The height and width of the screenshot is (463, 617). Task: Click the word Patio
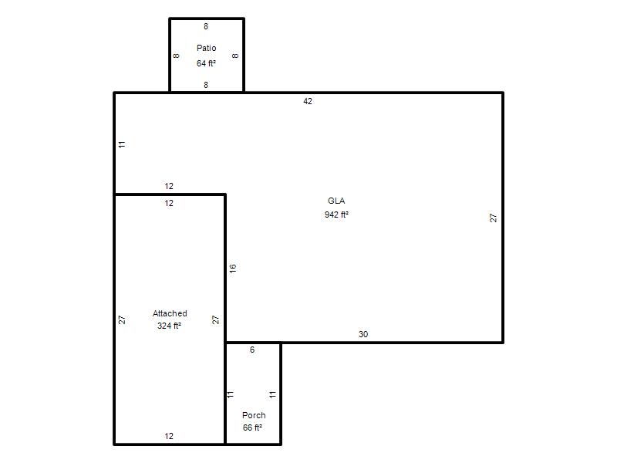point(206,48)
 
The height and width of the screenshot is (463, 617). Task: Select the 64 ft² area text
point(206,63)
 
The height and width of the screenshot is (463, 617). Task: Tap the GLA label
point(336,201)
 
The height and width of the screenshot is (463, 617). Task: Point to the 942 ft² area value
point(336,215)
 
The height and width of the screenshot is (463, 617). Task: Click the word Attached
point(170,313)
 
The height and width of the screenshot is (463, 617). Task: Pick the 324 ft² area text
point(169,326)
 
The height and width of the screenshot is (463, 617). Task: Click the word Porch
point(254,415)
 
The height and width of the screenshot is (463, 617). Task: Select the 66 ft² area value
point(252,428)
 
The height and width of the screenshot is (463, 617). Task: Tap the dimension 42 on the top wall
point(308,101)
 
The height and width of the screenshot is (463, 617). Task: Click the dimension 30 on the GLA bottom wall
point(363,334)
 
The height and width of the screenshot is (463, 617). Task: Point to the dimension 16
point(233,268)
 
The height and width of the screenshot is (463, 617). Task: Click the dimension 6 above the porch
point(252,350)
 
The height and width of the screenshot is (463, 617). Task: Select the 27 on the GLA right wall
point(493,218)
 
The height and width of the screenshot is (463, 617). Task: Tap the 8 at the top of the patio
point(206,26)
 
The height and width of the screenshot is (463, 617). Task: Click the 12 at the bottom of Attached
point(169,436)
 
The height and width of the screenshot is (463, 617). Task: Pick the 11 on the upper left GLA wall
point(122,144)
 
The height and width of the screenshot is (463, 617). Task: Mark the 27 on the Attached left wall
point(122,319)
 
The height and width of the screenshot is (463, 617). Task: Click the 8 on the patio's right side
point(235,56)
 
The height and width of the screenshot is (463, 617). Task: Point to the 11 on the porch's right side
point(273,394)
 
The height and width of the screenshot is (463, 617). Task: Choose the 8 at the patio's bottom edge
point(206,85)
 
